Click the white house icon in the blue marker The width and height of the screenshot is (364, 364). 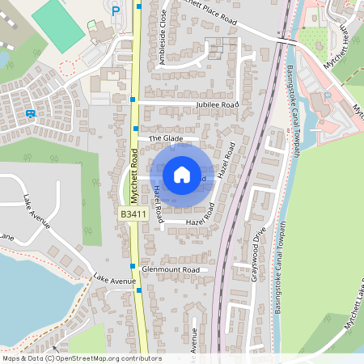point(181,174)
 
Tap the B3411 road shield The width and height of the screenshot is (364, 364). point(133,214)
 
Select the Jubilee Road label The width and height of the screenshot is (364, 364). point(217,105)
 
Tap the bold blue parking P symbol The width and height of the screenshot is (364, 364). point(116,11)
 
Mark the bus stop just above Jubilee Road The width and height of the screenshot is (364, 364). point(133,98)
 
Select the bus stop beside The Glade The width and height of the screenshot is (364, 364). point(136,129)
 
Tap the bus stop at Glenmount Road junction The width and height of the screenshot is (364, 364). point(132,265)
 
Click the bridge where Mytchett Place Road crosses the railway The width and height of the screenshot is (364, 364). point(285,39)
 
